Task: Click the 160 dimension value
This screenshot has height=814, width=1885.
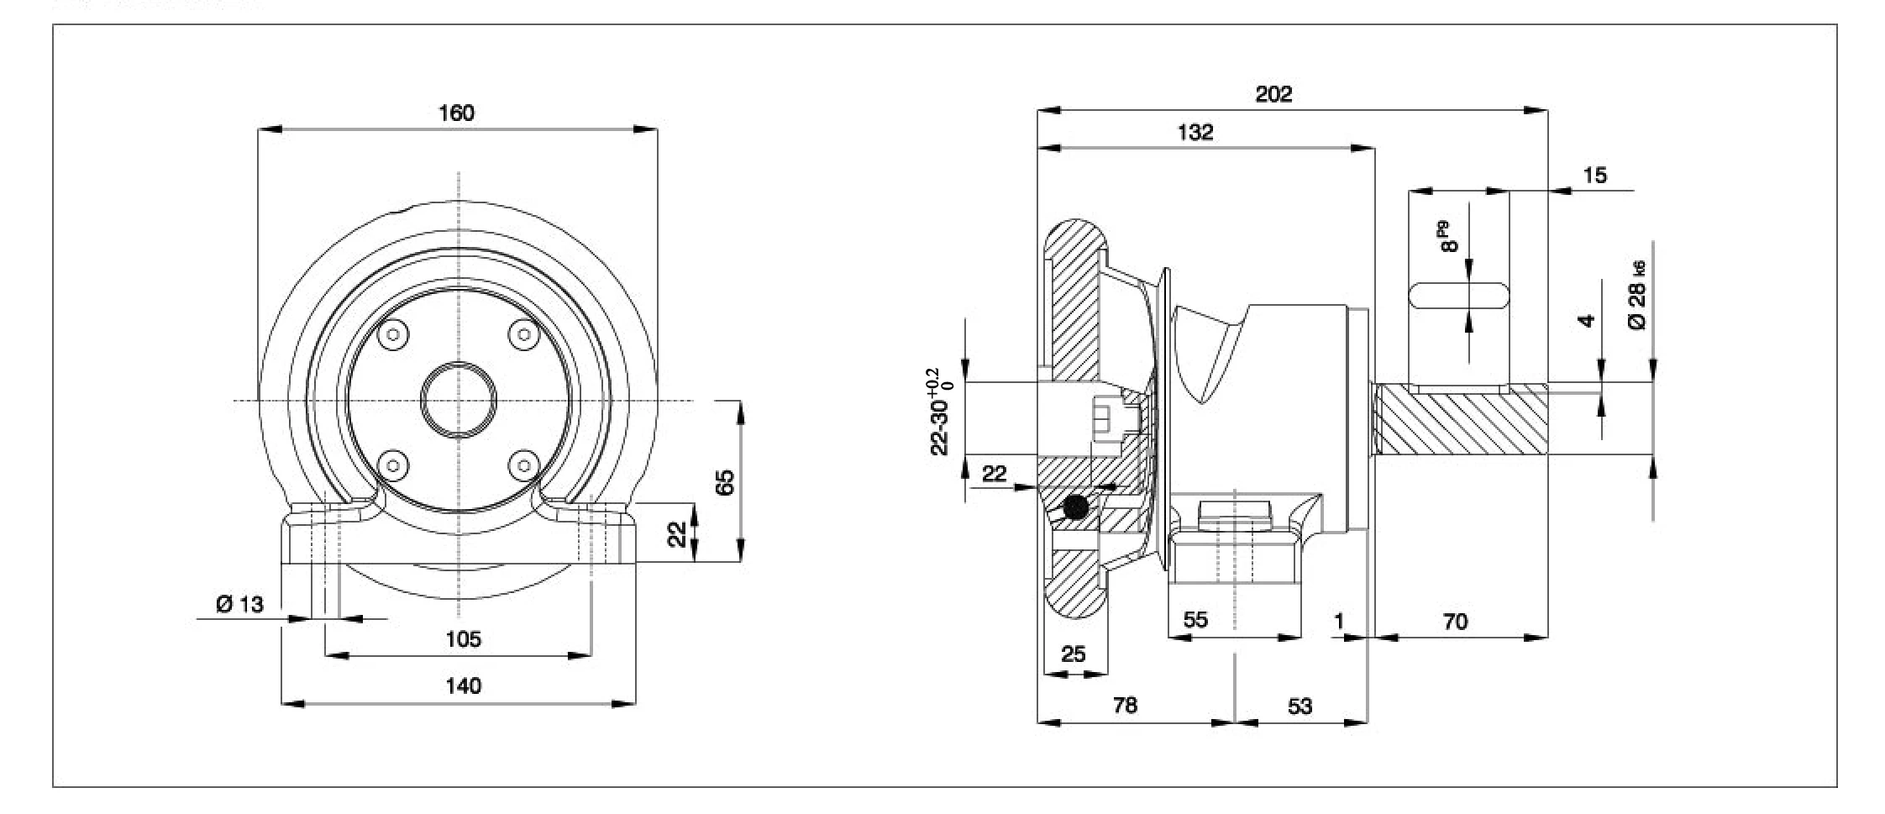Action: coord(456,113)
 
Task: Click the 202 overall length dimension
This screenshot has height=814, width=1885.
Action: coord(1273,93)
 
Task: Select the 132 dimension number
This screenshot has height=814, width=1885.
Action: coord(1195,132)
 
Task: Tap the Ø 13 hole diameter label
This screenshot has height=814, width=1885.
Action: coord(239,604)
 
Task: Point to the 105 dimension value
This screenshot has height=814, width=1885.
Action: coord(463,639)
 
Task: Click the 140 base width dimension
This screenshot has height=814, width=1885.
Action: coord(463,686)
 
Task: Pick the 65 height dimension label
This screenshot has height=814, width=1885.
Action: coord(725,481)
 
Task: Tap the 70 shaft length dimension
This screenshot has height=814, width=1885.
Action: coord(1455,622)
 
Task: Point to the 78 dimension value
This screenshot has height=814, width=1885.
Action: coord(1125,706)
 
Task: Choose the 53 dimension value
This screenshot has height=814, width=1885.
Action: coord(1300,706)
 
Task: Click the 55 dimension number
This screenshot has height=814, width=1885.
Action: coord(1195,620)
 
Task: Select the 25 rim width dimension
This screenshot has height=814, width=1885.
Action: coord(1073,654)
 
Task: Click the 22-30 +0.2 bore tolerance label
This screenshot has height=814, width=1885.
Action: coord(942,412)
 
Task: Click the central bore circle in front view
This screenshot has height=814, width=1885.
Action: coord(459,400)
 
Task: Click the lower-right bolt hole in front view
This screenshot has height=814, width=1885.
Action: coord(524,464)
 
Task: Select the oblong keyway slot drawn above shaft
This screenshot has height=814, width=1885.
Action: coord(1457,296)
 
